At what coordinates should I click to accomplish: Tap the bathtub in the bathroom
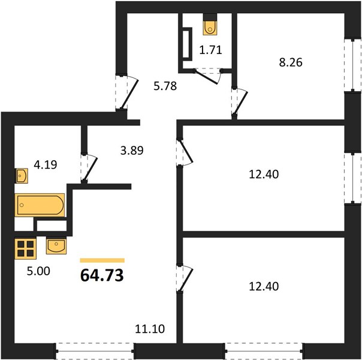point(40,205)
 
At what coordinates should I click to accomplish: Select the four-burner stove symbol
point(25,248)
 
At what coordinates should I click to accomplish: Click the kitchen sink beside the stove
point(56,246)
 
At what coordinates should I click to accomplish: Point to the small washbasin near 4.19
point(22,176)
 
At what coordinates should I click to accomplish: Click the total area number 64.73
point(102,275)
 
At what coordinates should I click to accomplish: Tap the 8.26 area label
point(291,62)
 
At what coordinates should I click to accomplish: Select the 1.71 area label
point(210,50)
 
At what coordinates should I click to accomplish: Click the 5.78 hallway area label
point(165,86)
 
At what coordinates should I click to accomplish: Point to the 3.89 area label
point(132,151)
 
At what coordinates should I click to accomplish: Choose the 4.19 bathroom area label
point(46,165)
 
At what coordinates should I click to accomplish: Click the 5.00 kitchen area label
point(38,271)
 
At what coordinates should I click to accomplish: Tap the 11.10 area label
point(150,329)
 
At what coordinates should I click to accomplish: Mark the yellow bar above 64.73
point(102,260)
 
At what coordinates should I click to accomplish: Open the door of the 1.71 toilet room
point(208,76)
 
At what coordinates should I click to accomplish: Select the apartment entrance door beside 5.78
point(126,92)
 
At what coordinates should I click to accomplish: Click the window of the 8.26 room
point(352,65)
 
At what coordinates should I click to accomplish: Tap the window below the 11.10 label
point(95,351)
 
